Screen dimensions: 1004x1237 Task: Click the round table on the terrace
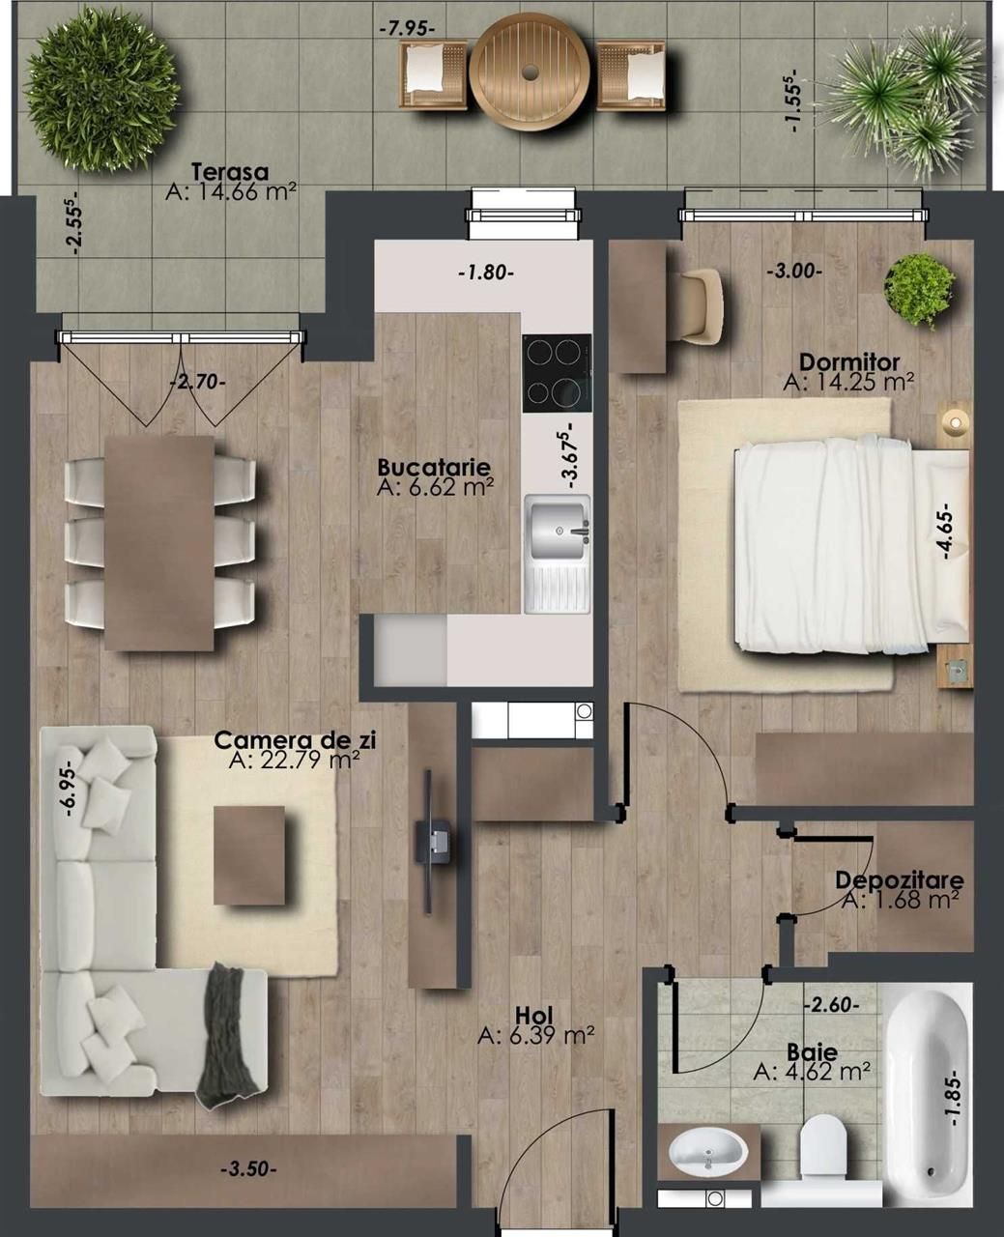[529, 72]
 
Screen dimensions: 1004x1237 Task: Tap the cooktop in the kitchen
[557, 373]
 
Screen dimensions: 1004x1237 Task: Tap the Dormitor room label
[849, 362]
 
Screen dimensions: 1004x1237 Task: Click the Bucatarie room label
[434, 467]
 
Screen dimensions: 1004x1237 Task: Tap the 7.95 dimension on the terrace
[407, 28]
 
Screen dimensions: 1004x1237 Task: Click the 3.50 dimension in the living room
[248, 1169]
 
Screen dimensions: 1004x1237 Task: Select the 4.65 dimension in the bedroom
[947, 531]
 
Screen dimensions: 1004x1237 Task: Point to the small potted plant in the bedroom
[919, 290]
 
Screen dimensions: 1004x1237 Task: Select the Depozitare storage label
[899, 880]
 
